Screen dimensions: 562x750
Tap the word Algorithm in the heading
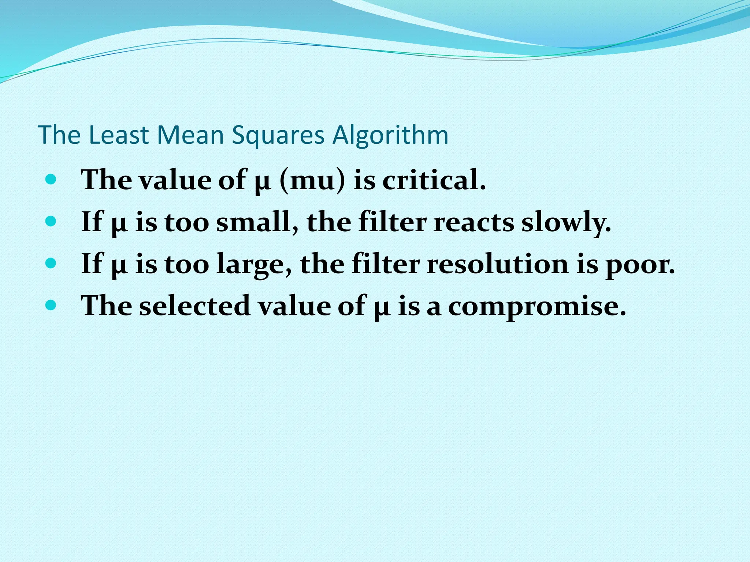pos(390,135)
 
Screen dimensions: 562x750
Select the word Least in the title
pos(118,135)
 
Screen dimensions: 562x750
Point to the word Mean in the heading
pos(190,135)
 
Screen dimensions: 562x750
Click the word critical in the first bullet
pos(434,180)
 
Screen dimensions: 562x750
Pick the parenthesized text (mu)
pos(312,180)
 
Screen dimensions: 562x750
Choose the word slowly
pos(566,222)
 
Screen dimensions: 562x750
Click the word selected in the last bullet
pos(194,306)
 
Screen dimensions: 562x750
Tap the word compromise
pos(537,306)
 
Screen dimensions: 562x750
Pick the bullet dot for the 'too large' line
pos(51,263)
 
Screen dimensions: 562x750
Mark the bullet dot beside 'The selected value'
pos(51,305)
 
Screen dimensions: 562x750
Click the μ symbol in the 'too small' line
pos(119,224)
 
